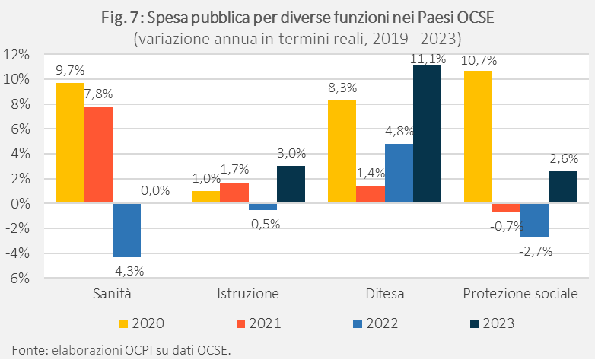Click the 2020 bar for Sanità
pos(69,143)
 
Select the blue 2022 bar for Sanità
pos(126,230)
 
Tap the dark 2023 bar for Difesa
pos(427,135)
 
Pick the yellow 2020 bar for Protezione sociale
pos(478,137)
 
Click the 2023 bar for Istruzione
pos(291,185)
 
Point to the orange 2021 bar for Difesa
pos(371,195)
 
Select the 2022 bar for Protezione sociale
pos(535,221)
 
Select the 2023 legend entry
pos(488,323)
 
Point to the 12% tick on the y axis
pos(17,55)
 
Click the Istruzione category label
pos(248,294)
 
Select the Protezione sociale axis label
pos(520,294)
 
